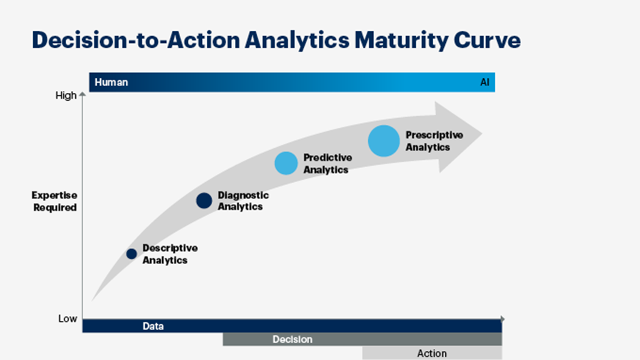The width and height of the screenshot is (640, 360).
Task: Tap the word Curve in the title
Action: (x=487, y=40)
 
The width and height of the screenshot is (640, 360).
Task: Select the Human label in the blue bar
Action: (x=111, y=82)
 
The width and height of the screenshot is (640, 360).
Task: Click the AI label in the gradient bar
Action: (x=485, y=82)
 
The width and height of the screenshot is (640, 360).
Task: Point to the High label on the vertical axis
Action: (x=66, y=95)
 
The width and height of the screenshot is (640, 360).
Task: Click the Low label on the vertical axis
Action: (x=67, y=318)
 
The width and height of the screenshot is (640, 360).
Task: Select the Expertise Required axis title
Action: (x=55, y=201)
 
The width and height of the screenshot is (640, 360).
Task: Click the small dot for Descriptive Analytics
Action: (x=131, y=254)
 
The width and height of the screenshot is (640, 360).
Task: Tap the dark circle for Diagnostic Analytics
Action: (x=204, y=201)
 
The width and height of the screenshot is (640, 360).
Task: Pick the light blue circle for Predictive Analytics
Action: (x=286, y=163)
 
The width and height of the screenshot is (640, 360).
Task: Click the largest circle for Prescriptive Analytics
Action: (x=384, y=141)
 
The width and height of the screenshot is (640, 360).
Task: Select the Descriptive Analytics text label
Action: (x=170, y=254)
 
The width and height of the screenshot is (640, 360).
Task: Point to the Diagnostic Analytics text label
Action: (x=243, y=201)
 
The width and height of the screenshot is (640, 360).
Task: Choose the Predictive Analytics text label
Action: (x=327, y=163)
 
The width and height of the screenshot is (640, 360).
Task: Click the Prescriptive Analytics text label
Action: (x=435, y=141)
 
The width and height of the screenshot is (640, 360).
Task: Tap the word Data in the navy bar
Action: (x=153, y=326)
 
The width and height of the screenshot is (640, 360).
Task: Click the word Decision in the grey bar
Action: (x=292, y=339)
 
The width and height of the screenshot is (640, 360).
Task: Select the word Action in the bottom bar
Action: (x=432, y=353)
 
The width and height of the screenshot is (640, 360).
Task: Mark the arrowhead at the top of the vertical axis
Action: (x=83, y=95)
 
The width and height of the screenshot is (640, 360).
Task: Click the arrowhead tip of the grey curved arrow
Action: (x=482, y=134)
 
